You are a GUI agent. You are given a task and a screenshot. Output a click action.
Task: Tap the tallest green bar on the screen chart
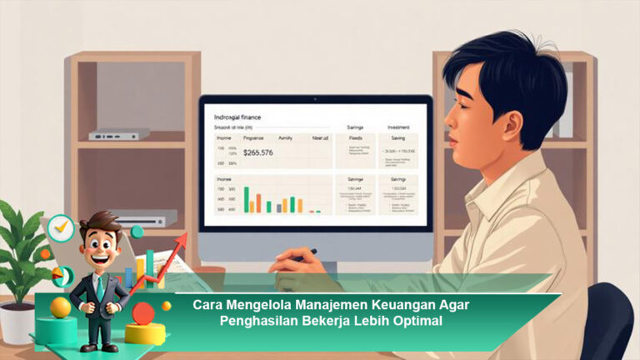(247, 199)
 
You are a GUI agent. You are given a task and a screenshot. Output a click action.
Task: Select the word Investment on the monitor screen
(397, 127)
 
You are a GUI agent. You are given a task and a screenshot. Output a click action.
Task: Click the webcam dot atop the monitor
(316, 98)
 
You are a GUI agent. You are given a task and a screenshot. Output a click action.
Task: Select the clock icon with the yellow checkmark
(60, 227)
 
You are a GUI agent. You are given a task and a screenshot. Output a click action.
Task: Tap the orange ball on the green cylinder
(60, 307)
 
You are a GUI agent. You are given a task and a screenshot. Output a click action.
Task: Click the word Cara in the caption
(208, 305)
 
